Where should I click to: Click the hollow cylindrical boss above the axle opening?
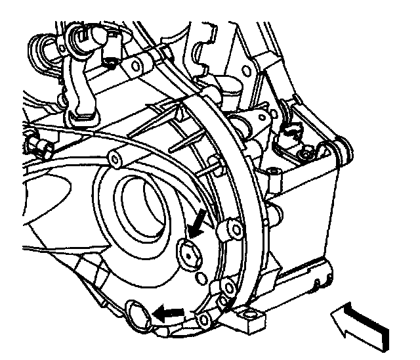(117, 159)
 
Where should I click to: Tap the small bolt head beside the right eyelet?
(303, 155)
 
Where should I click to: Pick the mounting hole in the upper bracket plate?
(136, 66)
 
